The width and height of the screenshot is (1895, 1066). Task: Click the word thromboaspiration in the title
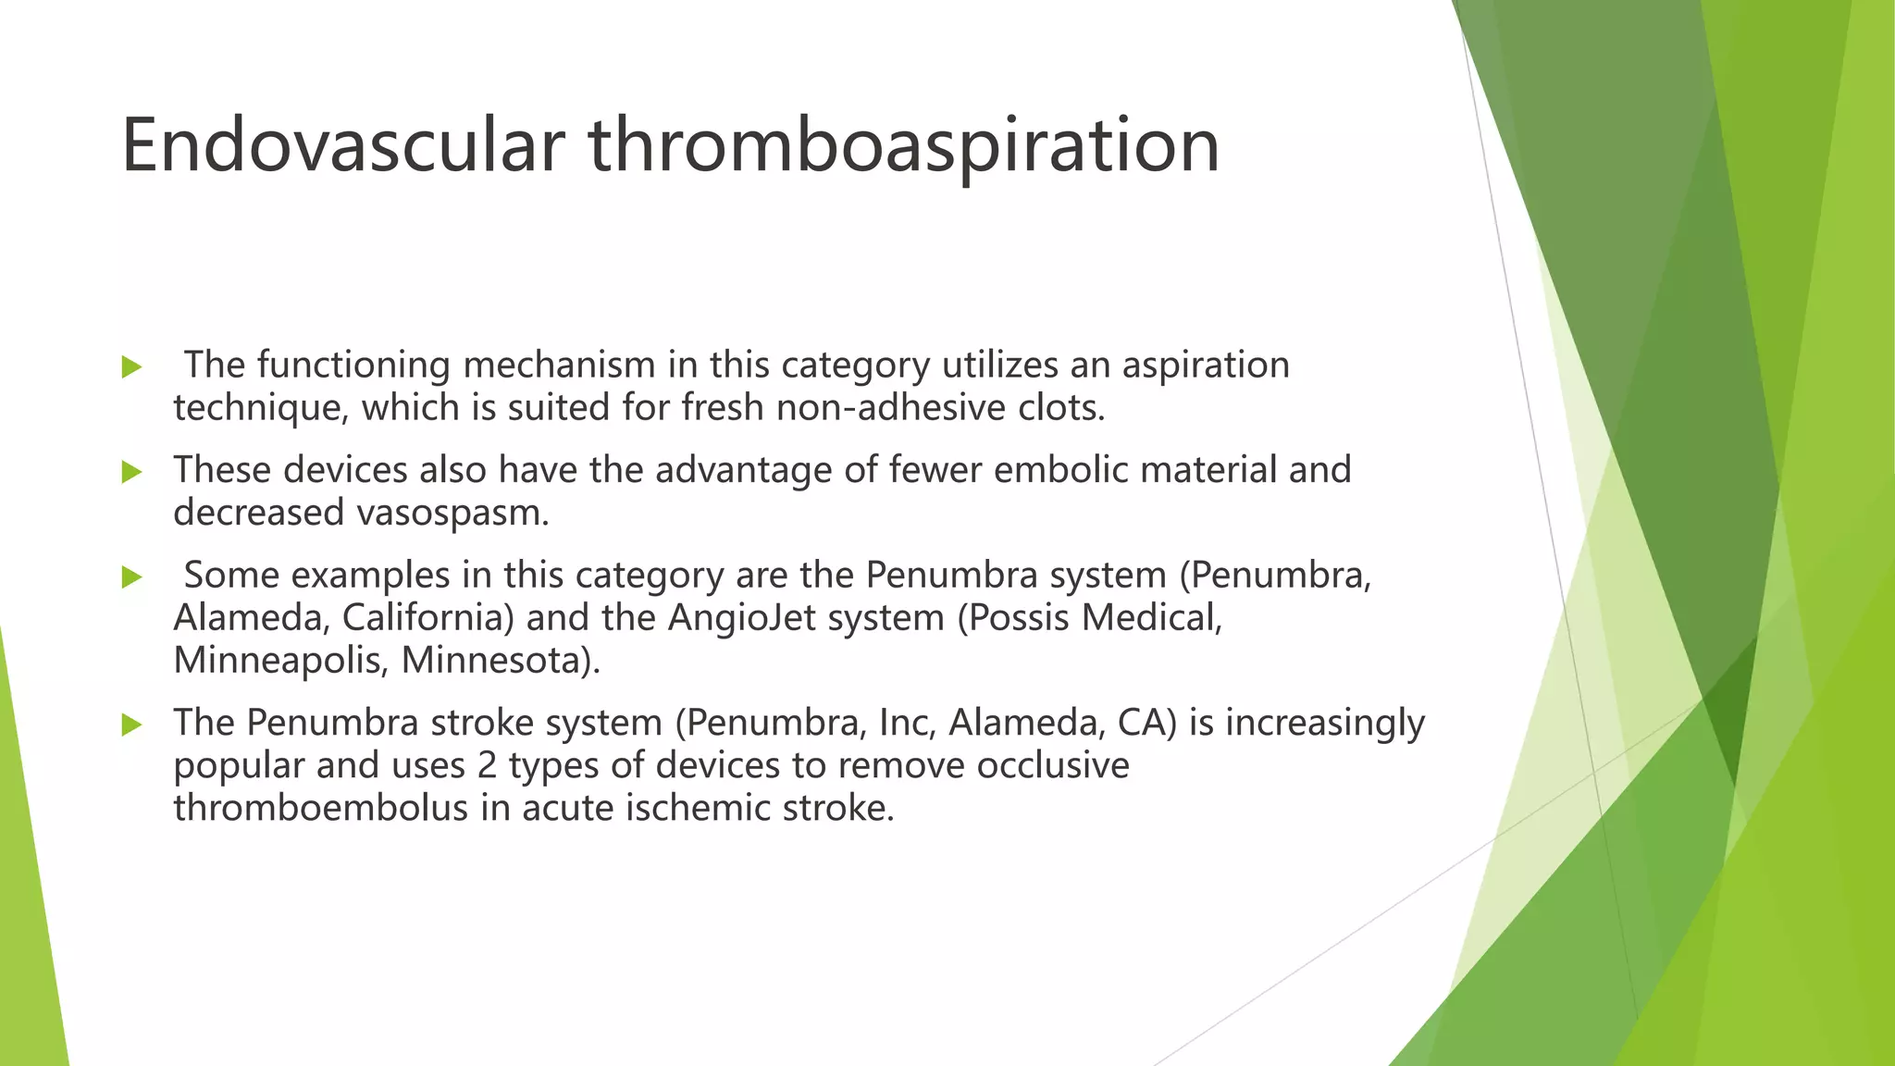(x=903, y=145)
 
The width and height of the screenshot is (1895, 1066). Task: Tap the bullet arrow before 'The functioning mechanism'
(x=131, y=367)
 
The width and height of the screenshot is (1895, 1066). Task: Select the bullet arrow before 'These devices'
(x=131, y=472)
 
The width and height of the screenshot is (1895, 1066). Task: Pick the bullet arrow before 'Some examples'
(x=131, y=577)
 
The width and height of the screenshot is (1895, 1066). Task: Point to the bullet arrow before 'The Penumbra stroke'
(x=131, y=725)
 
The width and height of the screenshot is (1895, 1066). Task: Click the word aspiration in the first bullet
(x=1205, y=366)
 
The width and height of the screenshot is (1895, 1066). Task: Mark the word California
(x=427, y=618)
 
